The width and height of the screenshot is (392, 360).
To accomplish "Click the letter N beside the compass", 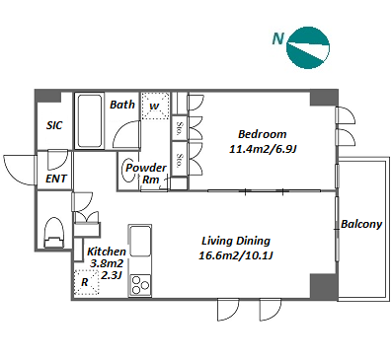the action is (x=278, y=39).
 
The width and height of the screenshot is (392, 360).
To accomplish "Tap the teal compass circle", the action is (x=308, y=47).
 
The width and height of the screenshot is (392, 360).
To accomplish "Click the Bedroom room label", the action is (x=262, y=134).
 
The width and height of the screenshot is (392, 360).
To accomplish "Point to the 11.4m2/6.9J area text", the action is (x=263, y=149).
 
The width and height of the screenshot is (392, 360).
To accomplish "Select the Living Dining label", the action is (x=236, y=241).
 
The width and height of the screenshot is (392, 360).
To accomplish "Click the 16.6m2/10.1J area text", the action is (x=236, y=255).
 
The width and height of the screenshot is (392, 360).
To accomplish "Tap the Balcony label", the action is (x=361, y=224).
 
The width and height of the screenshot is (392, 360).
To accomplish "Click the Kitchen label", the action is (x=107, y=252).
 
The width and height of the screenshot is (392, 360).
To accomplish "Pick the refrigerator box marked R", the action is (x=87, y=282).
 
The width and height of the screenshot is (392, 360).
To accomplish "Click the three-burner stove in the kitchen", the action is (x=140, y=284).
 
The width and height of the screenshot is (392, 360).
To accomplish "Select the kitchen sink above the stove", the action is (x=140, y=241).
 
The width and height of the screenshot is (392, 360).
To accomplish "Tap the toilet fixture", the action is (x=53, y=233).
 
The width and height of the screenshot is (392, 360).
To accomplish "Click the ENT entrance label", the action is (x=56, y=179).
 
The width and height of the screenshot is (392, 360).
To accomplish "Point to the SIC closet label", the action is (x=54, y=125).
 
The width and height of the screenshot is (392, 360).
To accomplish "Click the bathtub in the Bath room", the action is (x=90, y=121).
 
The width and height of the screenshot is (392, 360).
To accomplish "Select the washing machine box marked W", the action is (x=155, y=106).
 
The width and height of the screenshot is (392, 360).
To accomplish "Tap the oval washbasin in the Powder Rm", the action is (x=128, y=170).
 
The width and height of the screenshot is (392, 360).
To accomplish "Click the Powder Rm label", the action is (x=146, y=174).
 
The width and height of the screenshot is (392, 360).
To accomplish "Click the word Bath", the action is (x=122, y=105).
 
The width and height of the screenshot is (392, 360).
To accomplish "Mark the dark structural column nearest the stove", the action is (x=324, y=286).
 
